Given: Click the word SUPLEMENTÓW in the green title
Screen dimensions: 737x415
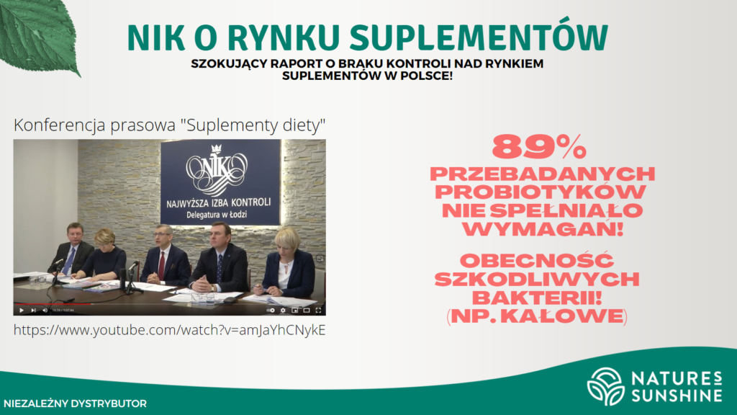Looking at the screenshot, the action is [479, 37].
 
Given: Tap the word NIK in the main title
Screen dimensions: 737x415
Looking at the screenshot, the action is [155, 37].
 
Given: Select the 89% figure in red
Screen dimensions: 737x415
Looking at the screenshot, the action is [539, 147].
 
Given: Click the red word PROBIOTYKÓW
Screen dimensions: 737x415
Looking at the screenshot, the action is [541, 192].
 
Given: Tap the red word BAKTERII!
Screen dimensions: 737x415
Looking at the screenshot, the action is [537, 298].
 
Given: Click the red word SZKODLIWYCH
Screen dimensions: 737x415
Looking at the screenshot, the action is [537, 279].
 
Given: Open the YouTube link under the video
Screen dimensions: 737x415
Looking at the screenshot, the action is [169, 330].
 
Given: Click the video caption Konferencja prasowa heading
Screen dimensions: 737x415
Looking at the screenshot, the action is [169, 125].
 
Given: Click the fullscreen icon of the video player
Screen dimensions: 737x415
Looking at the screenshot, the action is [318, 310].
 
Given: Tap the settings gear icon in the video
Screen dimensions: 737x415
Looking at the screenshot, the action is [283, 310].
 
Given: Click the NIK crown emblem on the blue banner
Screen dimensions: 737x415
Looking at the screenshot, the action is [217, 169].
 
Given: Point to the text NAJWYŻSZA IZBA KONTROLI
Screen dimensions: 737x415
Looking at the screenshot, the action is [219, 202].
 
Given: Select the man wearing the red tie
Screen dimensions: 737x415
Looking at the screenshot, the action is [165, 256].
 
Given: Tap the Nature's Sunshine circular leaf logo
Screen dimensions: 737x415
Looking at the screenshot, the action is [606, 386].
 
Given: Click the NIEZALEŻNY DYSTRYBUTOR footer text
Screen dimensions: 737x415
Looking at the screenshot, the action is [75, 403].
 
